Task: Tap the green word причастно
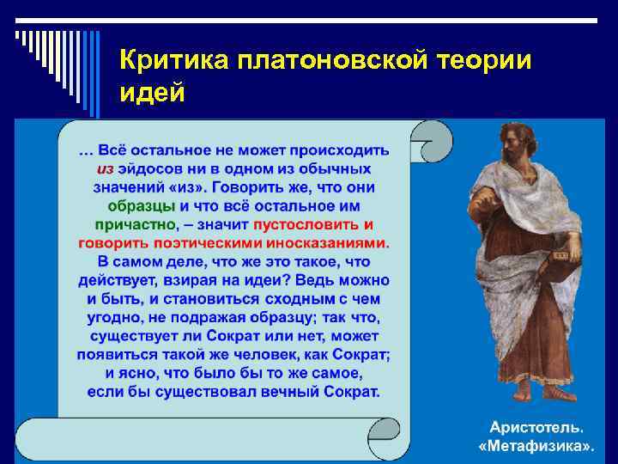point(133,225)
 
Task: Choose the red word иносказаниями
point(332,243)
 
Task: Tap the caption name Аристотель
point(536,427)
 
